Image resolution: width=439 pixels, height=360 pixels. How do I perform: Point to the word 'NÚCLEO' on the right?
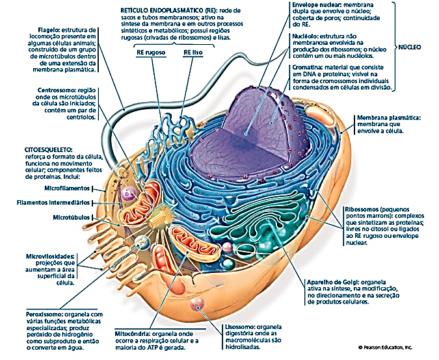click(410, 47)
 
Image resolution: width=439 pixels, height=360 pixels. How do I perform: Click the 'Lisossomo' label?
click(232, 326)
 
